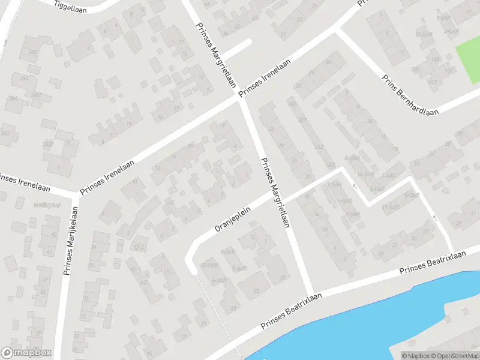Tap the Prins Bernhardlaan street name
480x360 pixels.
point(410,94)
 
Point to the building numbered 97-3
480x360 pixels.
point(139,247)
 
